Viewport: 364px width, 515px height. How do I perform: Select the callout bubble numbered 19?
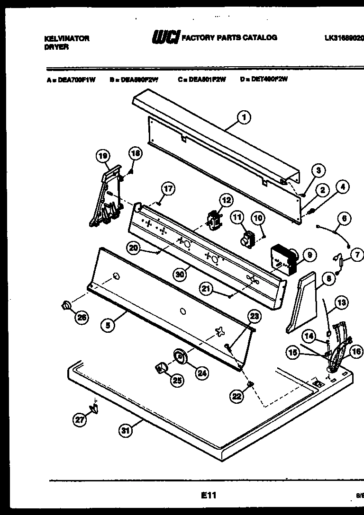103,156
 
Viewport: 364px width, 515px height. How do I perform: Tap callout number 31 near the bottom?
125,430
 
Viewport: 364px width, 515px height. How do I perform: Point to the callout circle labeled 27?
80,418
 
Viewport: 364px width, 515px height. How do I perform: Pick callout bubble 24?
202,373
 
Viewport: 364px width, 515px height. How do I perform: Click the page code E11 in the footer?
209,495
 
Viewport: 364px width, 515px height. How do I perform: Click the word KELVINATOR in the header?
66,39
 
